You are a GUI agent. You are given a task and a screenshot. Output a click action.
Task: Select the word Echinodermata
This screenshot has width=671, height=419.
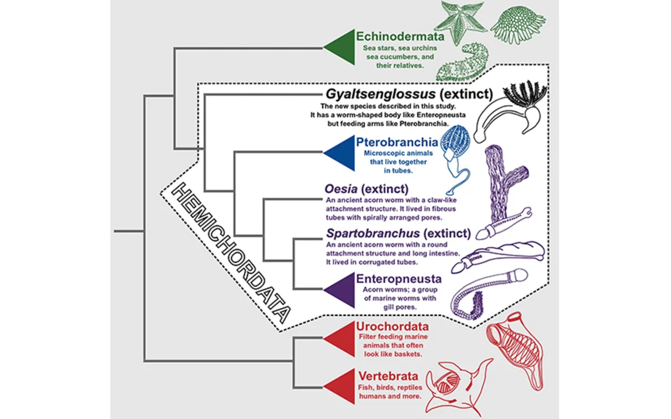click(393, 37)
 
